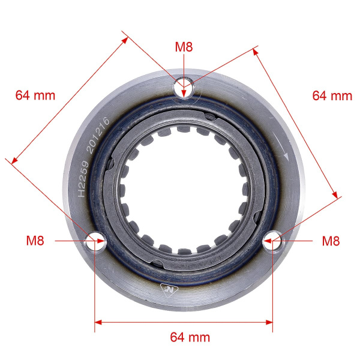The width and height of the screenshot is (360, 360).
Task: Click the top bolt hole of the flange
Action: (184, 88)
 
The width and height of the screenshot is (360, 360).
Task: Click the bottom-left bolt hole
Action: (95, 242)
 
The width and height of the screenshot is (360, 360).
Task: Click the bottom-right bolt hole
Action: (272, 241)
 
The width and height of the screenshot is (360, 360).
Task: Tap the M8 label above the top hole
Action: (184, 47)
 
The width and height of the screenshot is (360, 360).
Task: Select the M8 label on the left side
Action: (35, 241)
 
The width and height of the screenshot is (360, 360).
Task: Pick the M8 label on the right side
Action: (331, 241)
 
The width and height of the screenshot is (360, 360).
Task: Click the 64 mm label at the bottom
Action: (190, 337)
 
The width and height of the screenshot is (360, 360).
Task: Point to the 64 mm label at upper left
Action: (35, 95)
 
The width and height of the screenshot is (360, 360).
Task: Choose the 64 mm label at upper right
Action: (332, 95)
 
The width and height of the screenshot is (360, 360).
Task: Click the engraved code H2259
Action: (83, 179)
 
